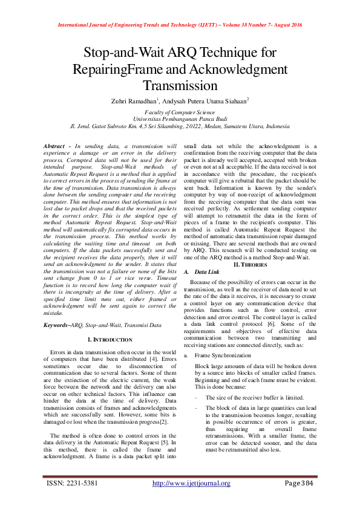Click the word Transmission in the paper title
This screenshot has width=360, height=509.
[180, 86]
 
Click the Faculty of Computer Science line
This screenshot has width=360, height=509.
[180, 112]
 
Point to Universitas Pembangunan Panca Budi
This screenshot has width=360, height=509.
[180, 120]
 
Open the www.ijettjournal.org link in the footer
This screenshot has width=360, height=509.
[191, 483]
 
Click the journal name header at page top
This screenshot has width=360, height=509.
[180, 25]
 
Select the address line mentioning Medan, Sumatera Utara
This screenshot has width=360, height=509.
[180, 127]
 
